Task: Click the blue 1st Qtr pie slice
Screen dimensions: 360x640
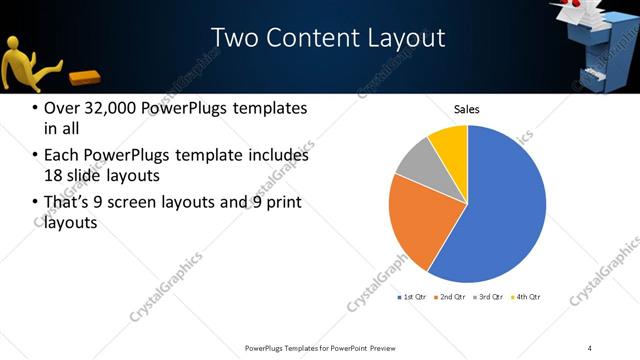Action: (x=500, y=210)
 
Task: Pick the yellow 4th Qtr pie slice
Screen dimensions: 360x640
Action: (x=450, y=143)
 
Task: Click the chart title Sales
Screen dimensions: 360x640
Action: (x=467, y=108)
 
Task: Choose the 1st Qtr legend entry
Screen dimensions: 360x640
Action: (x=412, y=297)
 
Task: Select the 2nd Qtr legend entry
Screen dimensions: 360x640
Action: (x=450, y=297)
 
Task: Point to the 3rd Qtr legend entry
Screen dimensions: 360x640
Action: (x=488, y=297)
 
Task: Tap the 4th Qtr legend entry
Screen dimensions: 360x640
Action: (x=526, y=297)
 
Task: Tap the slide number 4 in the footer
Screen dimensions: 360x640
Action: (x=590, y=347)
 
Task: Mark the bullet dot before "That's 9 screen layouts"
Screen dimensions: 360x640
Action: (x=35, y=203)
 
